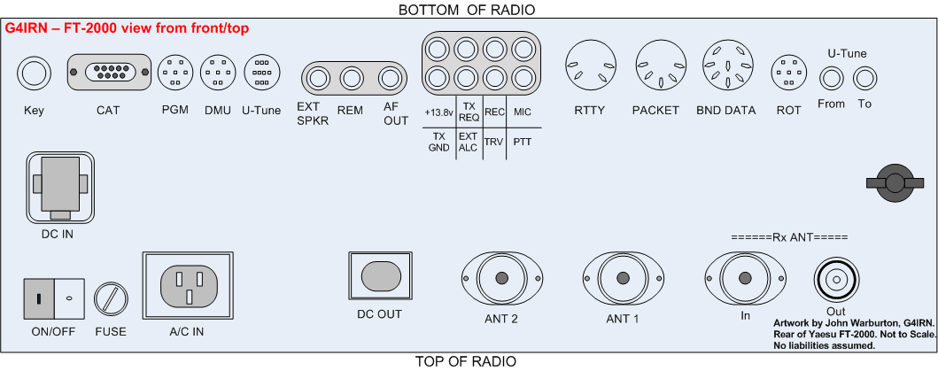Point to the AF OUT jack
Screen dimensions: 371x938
coord(391,80)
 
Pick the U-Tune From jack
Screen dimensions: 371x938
coord(830,80)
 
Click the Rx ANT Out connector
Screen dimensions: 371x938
coord(835,282)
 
